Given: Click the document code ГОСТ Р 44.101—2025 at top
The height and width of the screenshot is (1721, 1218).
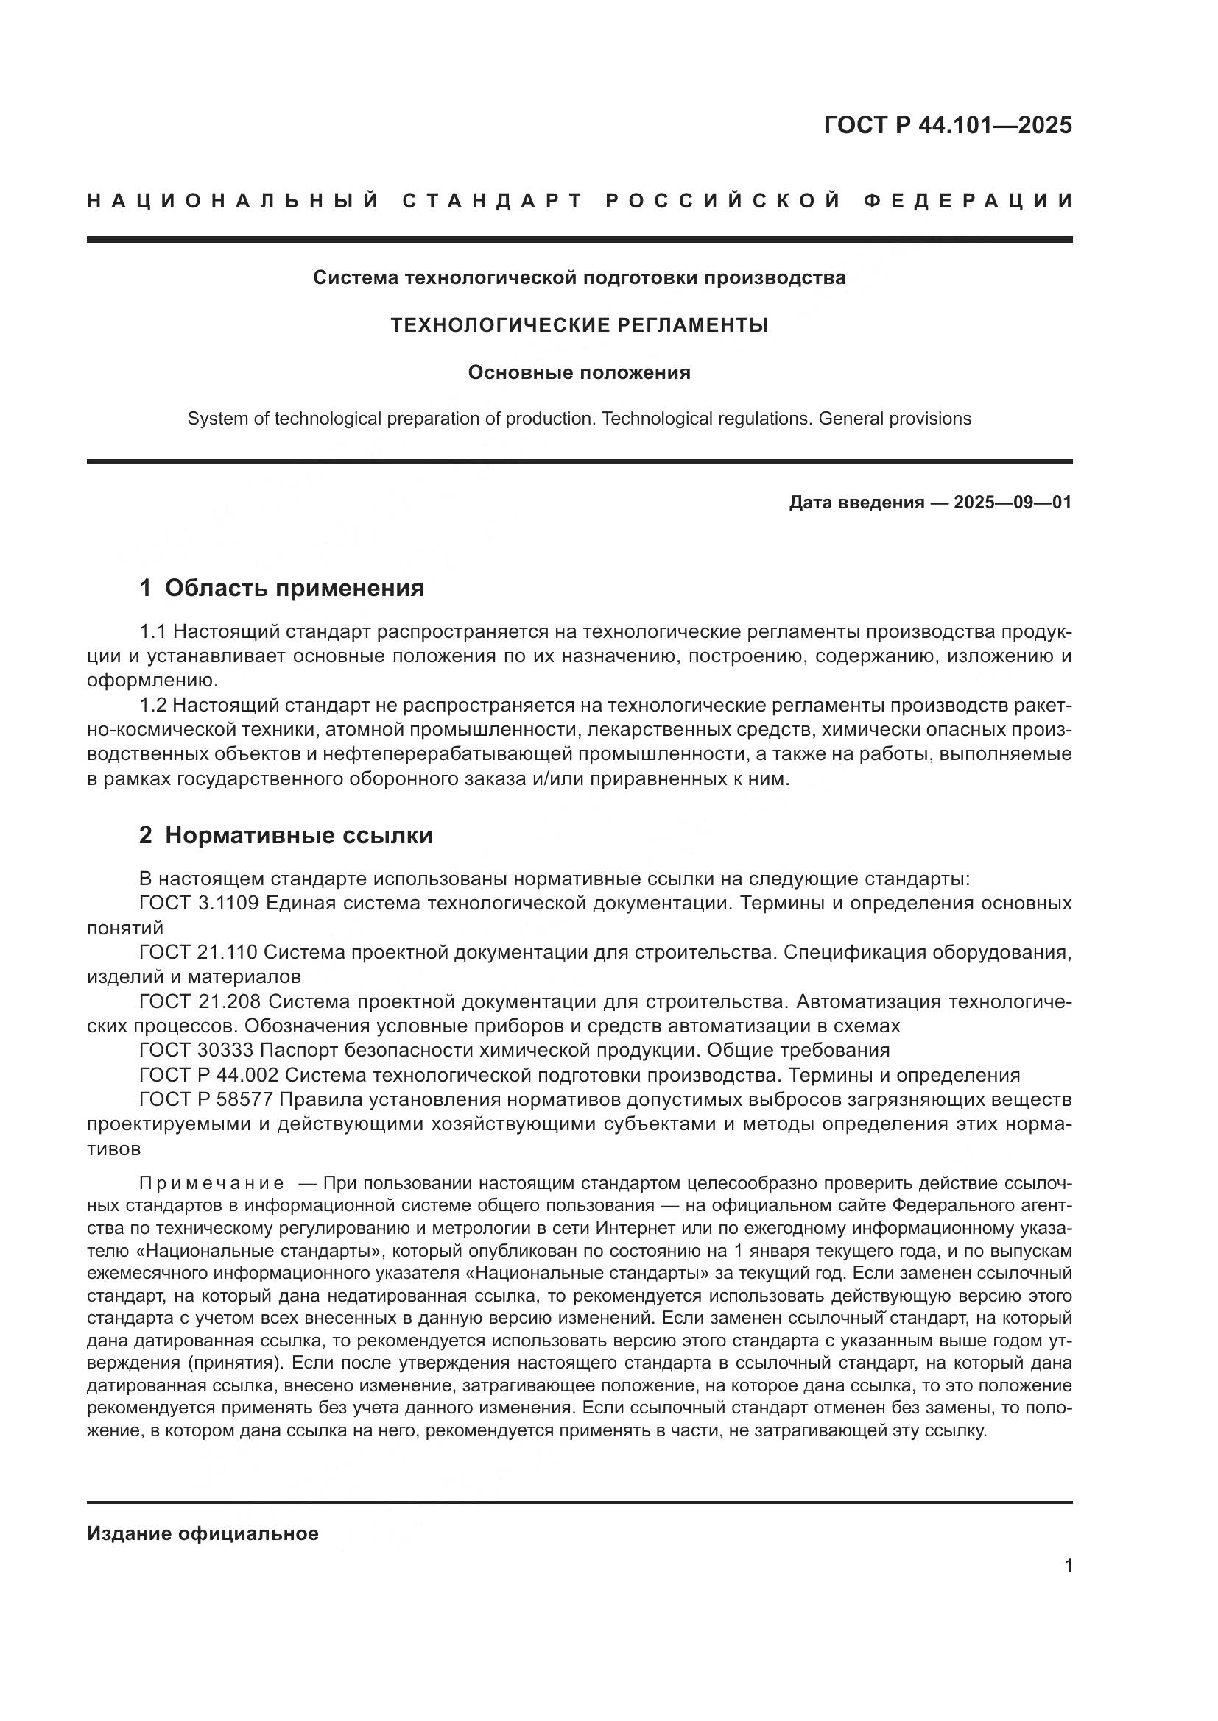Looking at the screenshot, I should click(947, 125).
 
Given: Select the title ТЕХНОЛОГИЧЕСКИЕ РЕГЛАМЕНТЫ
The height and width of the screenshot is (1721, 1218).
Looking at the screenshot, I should click(579, 325).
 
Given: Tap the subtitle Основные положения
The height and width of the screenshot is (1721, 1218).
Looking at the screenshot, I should click(579, 372).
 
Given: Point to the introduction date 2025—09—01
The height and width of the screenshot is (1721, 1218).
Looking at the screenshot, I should click(1013, 503).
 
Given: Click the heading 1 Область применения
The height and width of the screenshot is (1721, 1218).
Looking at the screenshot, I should click(282, 589).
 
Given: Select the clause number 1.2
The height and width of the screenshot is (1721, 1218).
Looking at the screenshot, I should click(153, 706).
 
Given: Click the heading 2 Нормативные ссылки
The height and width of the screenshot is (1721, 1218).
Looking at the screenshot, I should click(286, 836).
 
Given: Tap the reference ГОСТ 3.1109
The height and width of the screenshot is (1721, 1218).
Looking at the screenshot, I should click(199, 904).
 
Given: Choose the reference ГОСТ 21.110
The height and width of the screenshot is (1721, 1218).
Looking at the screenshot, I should click(198, 953).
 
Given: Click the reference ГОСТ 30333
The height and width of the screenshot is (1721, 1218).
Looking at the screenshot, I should click(196, 1050).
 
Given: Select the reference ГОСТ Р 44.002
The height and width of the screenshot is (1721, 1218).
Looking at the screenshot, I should click(208, 1076).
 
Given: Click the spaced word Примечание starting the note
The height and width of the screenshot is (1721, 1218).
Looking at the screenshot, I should click(211, 1184).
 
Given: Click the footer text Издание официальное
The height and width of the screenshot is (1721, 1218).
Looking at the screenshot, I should click(203, 1533).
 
